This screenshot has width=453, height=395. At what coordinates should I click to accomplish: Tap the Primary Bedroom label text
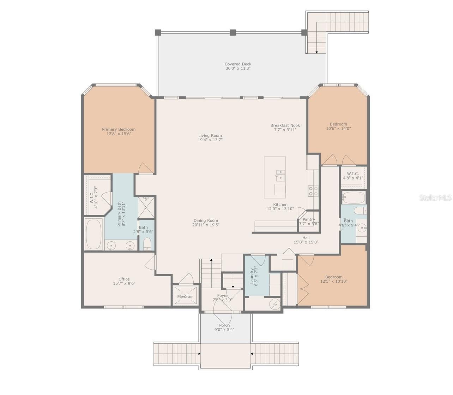click(119, 129)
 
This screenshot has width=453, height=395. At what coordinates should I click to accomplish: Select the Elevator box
click(185, 296)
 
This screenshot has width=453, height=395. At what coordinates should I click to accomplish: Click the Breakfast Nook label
click(285, 125)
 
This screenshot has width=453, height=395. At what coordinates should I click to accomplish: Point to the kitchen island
click(275, 177)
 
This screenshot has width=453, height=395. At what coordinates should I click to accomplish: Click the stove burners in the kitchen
click(313, 191)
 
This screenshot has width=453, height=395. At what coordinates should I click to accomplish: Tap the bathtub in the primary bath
click(94, 234)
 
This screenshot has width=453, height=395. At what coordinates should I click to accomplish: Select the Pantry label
click(309, 219)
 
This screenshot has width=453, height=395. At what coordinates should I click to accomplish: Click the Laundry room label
click(252, 276)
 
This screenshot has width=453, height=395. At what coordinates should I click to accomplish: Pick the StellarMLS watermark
click(435, 198)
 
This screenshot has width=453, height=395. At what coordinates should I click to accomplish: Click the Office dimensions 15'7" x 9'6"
click(124, 283)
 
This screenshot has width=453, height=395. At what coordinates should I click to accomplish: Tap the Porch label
click(224, 325)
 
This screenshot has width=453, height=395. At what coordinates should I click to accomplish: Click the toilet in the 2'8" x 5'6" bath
click(147, 244)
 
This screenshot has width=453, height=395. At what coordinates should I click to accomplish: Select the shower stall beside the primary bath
click(146, 207)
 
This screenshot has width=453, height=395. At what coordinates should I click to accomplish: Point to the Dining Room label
click(206, 220)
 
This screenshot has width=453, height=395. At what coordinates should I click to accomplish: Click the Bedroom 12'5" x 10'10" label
click(334, 277)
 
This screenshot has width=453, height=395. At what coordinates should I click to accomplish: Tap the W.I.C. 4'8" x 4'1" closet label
click(353, 173)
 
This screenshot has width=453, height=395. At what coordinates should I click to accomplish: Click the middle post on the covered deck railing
click(232, 33)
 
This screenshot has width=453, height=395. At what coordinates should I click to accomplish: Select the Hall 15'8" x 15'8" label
click(306, 238)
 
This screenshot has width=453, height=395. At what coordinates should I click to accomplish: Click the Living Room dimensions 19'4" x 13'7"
click(210, 140)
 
